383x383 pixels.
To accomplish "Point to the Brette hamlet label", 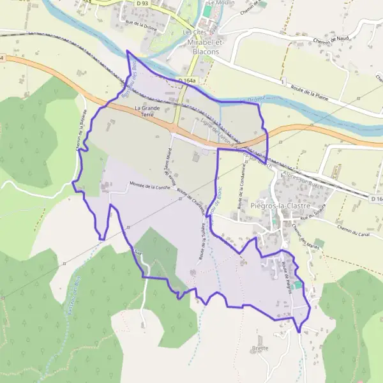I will click(x=260, y=348).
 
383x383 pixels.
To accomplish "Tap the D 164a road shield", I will click(x=186, y=80).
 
